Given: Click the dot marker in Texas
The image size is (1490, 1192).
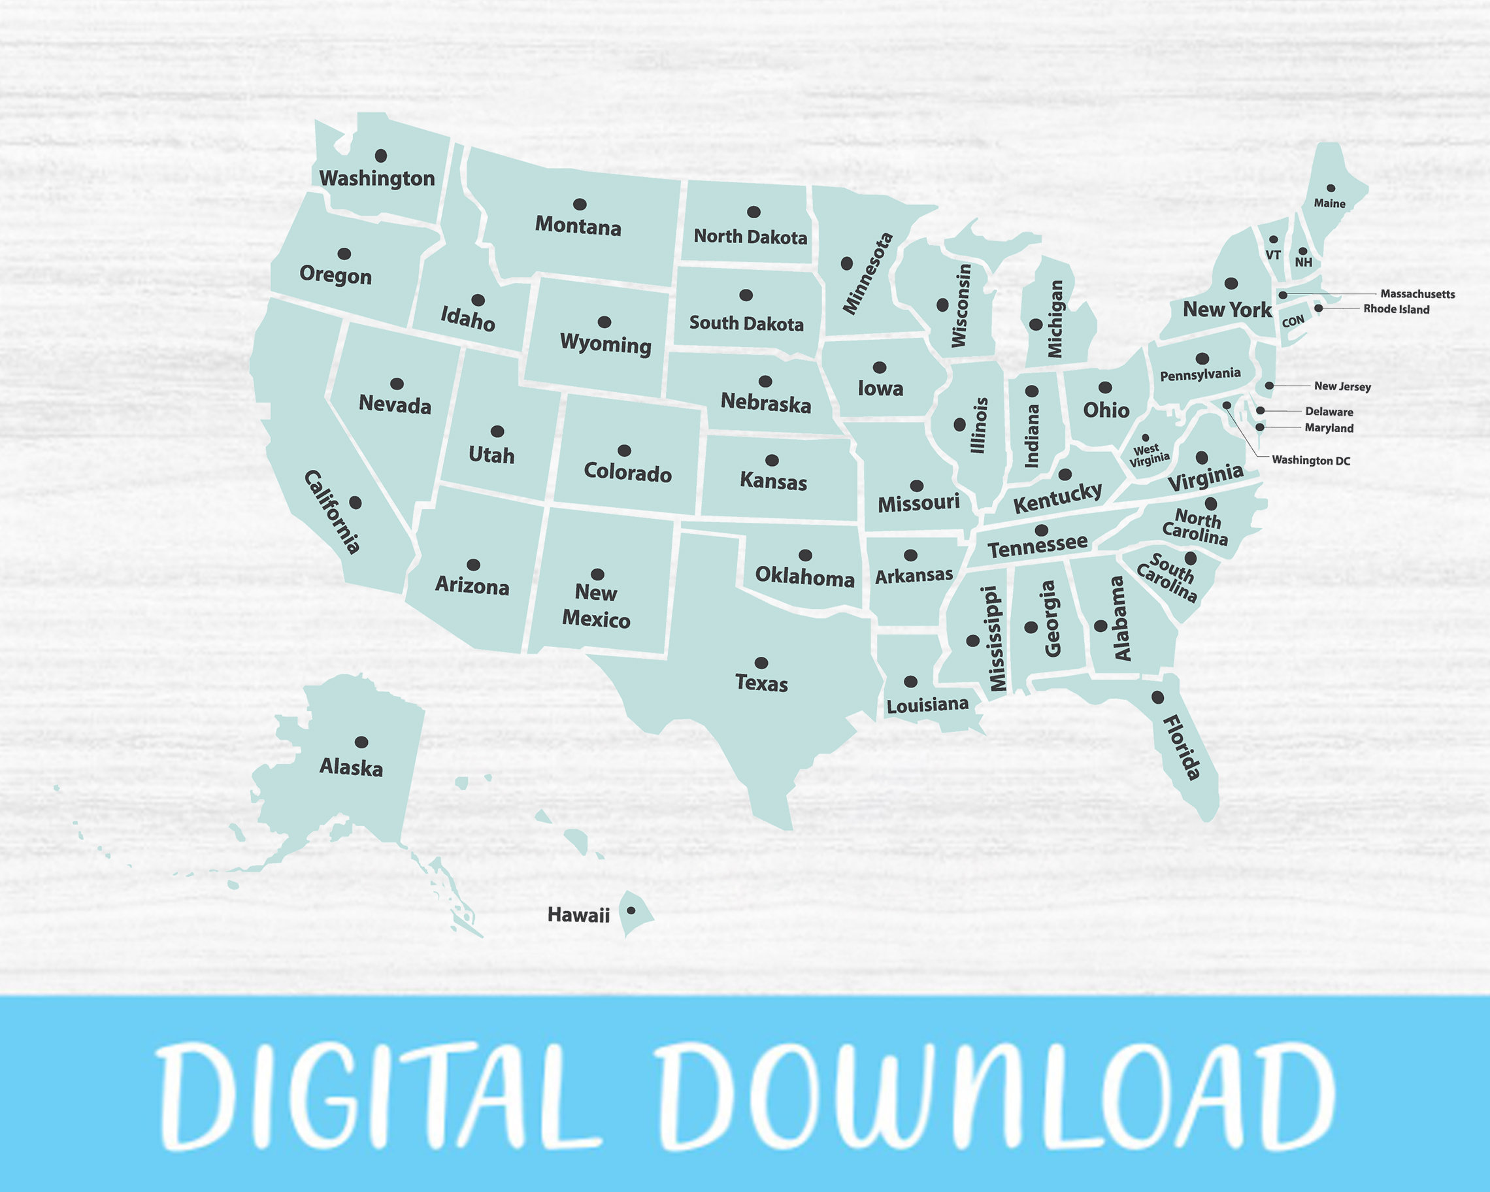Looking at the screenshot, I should pyautogui.click(x=761, y=663).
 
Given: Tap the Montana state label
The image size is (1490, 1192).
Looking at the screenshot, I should pyautogui.click(x=578, y=226).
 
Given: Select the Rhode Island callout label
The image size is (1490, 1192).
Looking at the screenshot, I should pyautogui.click(x=1396, y=309).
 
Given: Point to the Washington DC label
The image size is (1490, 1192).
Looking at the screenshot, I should pyautogui.click(x=1310, y=460).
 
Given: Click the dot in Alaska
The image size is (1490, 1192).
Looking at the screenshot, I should pyautogui.click(x=361, y=742).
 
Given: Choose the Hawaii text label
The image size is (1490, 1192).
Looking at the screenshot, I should pyautogui.click(x=578, y=916).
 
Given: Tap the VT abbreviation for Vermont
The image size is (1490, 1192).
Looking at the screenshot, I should pyautogui.click(x=1273, y=255).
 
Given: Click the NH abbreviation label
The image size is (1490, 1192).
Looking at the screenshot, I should pyautogui.click(x=1303, y=263).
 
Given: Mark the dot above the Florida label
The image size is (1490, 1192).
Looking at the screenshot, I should pyautogui.click(x=1157, y=697).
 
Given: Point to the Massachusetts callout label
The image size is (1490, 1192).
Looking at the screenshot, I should pyautogui.click(x=1417, y=293).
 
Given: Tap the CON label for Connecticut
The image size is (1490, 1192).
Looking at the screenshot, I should pyautogui.click(x=1293, y=322).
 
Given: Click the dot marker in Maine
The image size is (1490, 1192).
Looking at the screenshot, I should pyautogui.click(x=1331, y=188).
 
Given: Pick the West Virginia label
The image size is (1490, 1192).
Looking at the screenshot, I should pyautogui.click(x=1149, y=454).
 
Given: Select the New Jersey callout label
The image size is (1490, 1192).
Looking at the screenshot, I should pyautogui.click(x=1342, y=386).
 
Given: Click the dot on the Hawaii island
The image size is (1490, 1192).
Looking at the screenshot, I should pyautogui.click(x=630, y=910).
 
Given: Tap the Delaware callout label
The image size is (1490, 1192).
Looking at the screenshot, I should pyautogui.click(x=1329, y=412).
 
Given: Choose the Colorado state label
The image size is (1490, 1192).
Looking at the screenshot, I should pyautogui.click(x=627, y=472).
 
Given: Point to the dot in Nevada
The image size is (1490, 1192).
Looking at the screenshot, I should pyautogui.click(x=397, y=384).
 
